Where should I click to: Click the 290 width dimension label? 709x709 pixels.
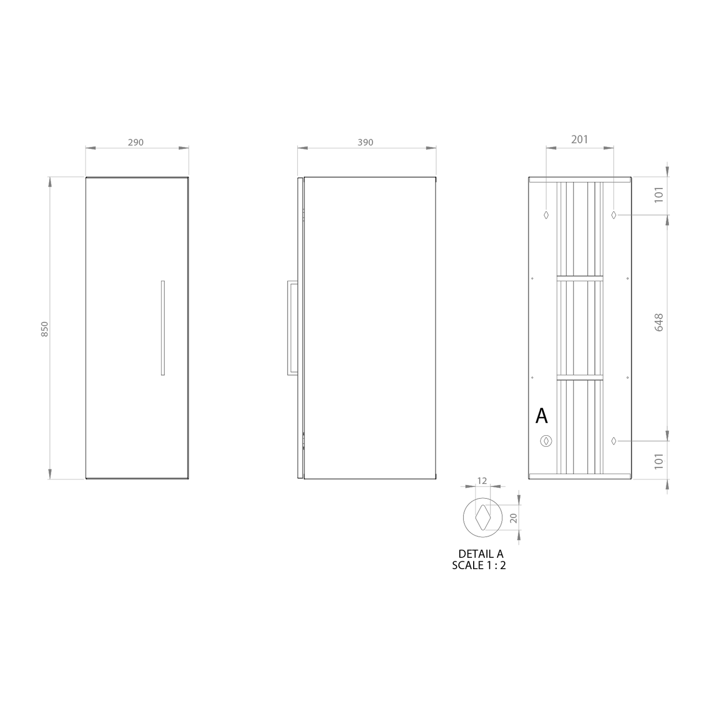[136, 142]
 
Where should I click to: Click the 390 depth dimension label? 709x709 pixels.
[365, 142]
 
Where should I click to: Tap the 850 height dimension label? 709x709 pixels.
[44, 329]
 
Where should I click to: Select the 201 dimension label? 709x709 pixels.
[580, 139]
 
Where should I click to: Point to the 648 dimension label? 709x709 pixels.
[659, 322]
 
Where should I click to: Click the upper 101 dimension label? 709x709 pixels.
[659, 194]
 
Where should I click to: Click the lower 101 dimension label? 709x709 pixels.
[659, 461]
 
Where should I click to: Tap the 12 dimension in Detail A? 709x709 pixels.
[482, 481]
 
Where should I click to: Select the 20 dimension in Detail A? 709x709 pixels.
[514, 518]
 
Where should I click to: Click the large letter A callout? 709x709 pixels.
[541, 416]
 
